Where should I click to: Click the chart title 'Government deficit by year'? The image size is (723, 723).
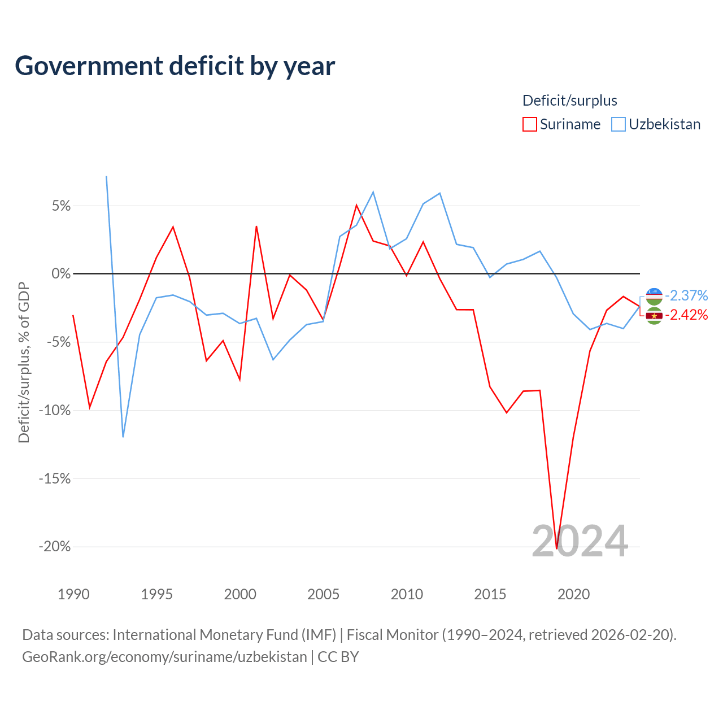[x=175, y=66]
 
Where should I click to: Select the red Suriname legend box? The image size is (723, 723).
[x=529, y=124]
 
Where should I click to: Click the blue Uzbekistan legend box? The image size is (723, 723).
[x=618, y=124]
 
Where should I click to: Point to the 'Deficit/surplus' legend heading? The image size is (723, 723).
[x=569, y=101]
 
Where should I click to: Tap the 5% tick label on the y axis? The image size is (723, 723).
[x=61, y=206]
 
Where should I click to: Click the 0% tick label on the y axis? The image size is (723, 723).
[x=61, y=273]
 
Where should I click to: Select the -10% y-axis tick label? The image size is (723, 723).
[x=55, y=410]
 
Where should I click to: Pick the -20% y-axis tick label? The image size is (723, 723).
[x=55, y=546]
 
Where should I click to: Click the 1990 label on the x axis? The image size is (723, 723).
[x=73, y=594]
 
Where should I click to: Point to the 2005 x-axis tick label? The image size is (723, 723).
[x=323, y=594]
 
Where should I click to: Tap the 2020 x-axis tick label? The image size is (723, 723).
[x=573, y=594]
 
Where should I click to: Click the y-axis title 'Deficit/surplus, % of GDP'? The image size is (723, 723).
[x=24, y=363]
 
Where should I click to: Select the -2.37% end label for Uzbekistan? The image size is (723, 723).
[x=686, y=295]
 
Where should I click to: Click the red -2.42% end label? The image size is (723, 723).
[x=686, y=315]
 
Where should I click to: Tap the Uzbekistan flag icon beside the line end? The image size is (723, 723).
[x=654, y=297]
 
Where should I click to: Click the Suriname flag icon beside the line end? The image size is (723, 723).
[x=654, y=316]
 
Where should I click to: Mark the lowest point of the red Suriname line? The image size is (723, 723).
[x=556, y=548]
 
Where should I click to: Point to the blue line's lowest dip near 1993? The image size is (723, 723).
[x=123, y=437]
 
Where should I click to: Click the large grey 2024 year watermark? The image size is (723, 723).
[x=580, y=541]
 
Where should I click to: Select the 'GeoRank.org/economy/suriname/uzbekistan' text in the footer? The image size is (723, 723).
[x=165, y=657]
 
